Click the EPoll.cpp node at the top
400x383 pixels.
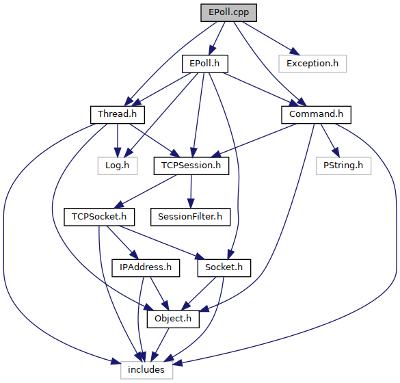pyautogui.click(x=228, y=12)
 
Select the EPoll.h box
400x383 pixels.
pyautogui.click(x=205, y=64)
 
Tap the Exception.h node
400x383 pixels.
pyautogui.click(x=312, y=64)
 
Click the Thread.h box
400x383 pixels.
pyautogui.click(x=118, y=115)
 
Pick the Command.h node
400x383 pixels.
pyautogui.click(x=316, y=115)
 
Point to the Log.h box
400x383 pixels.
pyautogui.click(x=118, y=166)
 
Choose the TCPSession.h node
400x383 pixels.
pyautogui.click(x=191, y=166)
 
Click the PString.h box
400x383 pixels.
pyautogui.click(x=343, y=166)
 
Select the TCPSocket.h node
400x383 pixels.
pyautogui.click(x=99, y=217)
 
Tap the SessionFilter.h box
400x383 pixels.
pyautogui.click(x=190, y=217)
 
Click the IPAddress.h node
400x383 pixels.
pyautogui.click(x=146, y=268)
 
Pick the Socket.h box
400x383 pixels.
pyautogui.click(x=224, y=268)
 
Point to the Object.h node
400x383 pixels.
pyautogui.click(x=173, y=319)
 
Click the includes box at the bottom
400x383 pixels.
pyautogui.click(x=146, y=370)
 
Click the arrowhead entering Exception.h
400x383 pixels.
pyautogui.click(x=295, y=51)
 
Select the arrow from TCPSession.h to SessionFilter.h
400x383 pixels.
pyautogui.click(x=191, y=191)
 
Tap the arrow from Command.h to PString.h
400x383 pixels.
pyautogui.click(x=330, y=140)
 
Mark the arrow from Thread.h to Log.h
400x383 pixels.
pyautogui.click(x=118, y=140)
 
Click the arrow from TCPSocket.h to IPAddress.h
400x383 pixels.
pyautogui.click(x=122, y=242)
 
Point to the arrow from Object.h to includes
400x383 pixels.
pyautogui.click(x=160, y=345)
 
